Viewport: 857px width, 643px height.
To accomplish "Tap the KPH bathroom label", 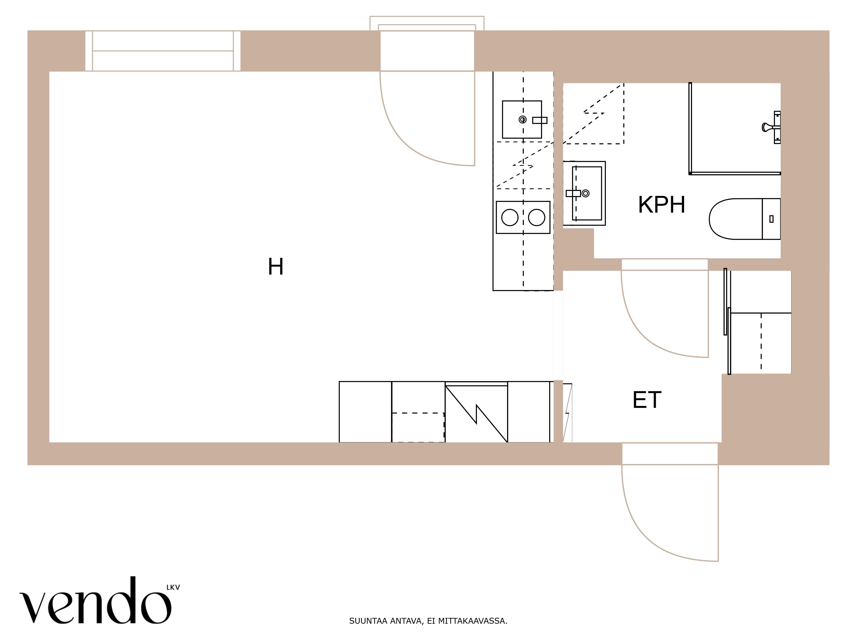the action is (x=661, y=205).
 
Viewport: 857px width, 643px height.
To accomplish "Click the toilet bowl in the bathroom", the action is (x=735, y=219).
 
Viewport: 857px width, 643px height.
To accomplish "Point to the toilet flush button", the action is (x=771, y=219).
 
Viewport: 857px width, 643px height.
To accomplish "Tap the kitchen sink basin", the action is (x=522, y=119).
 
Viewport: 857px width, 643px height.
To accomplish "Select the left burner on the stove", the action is (x=510, y=217).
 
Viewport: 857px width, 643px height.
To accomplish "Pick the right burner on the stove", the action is (x=537, y=217).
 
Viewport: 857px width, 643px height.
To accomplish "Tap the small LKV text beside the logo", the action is (x=173, y=587).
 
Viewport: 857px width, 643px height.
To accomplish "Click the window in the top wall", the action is (x=163, y=51).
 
